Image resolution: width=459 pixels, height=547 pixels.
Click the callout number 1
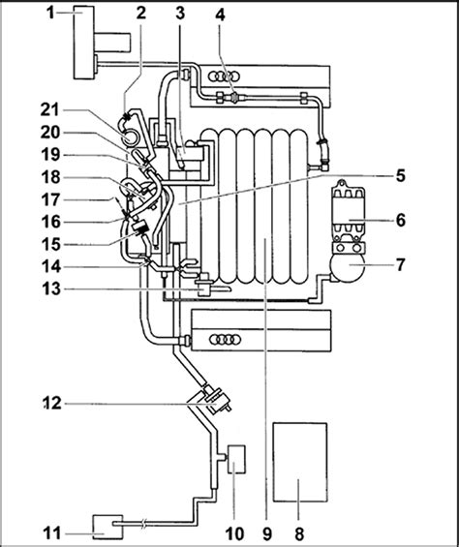click(51, 13)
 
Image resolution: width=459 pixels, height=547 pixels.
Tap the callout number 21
click(51, 110)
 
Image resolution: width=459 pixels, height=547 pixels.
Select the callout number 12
click(52, 403)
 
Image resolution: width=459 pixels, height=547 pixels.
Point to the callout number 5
click(400, 175)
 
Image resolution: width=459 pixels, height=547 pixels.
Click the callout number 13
click(51, 289)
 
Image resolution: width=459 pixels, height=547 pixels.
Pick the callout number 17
click(51, 199)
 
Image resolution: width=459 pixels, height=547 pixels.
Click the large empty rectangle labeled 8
click(300, 462)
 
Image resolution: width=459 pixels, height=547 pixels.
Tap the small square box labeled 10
click(236, 459)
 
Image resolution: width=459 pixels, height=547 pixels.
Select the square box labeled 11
click(107, 527)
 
